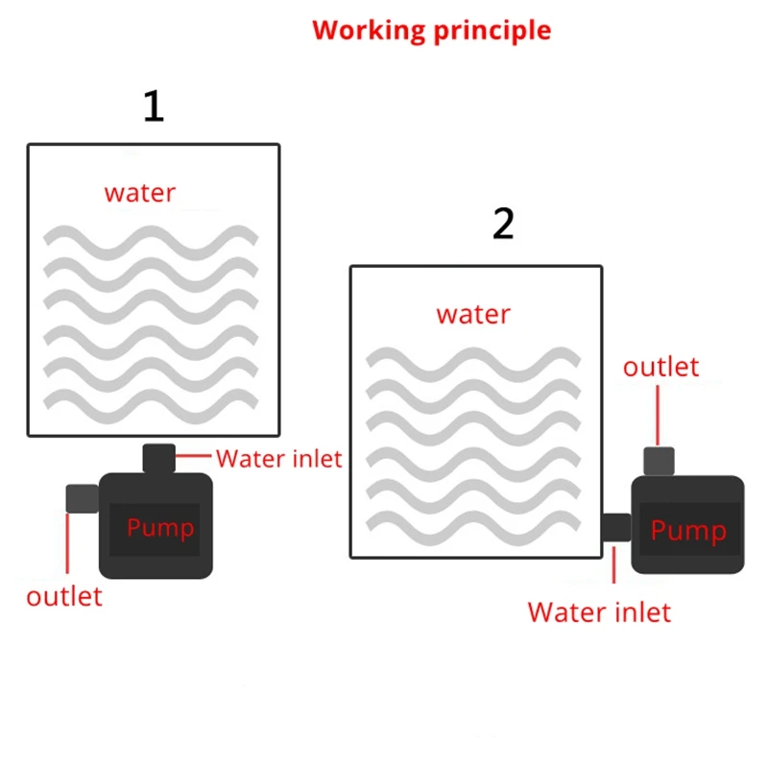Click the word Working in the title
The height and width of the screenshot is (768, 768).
click(369, 32)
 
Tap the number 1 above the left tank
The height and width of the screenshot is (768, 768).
click(154, 106)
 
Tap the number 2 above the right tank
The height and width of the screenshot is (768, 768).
click(503, 224)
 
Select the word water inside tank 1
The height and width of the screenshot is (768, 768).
click(139, 193)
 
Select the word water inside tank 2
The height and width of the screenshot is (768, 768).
click(473, 315)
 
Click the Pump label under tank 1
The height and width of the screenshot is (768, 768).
click(160, 528)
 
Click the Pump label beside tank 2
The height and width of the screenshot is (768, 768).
click(688, 531)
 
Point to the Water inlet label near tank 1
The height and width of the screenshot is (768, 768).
click(278, 459)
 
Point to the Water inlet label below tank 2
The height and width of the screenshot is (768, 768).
click(599, 612)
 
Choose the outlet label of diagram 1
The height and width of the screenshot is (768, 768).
click(64, 597)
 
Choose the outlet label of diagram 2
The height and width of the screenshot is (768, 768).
click(660, 368)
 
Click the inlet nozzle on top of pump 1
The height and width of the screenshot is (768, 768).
click(158, 459)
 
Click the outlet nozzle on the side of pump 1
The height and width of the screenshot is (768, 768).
click(83, 498)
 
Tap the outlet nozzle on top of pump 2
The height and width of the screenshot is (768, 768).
click(659, 461)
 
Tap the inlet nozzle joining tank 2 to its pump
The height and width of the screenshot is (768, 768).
click(616, 527)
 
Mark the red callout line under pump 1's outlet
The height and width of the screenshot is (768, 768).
click(67, 543)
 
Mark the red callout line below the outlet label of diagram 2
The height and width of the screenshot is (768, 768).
click(658, 416)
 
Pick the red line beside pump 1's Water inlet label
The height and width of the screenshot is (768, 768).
click(193, 455)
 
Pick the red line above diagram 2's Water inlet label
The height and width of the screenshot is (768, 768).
click(614, 564)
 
